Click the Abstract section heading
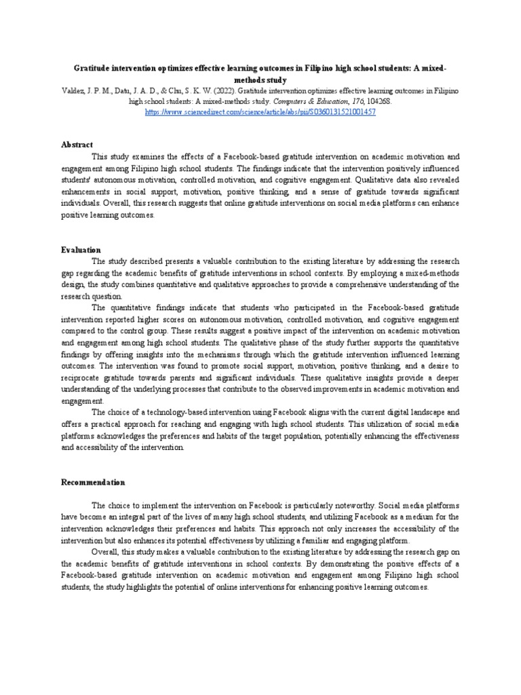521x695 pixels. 77,145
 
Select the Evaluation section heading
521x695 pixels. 81,250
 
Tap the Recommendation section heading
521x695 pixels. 93,482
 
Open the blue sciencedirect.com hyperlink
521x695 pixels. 260,111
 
